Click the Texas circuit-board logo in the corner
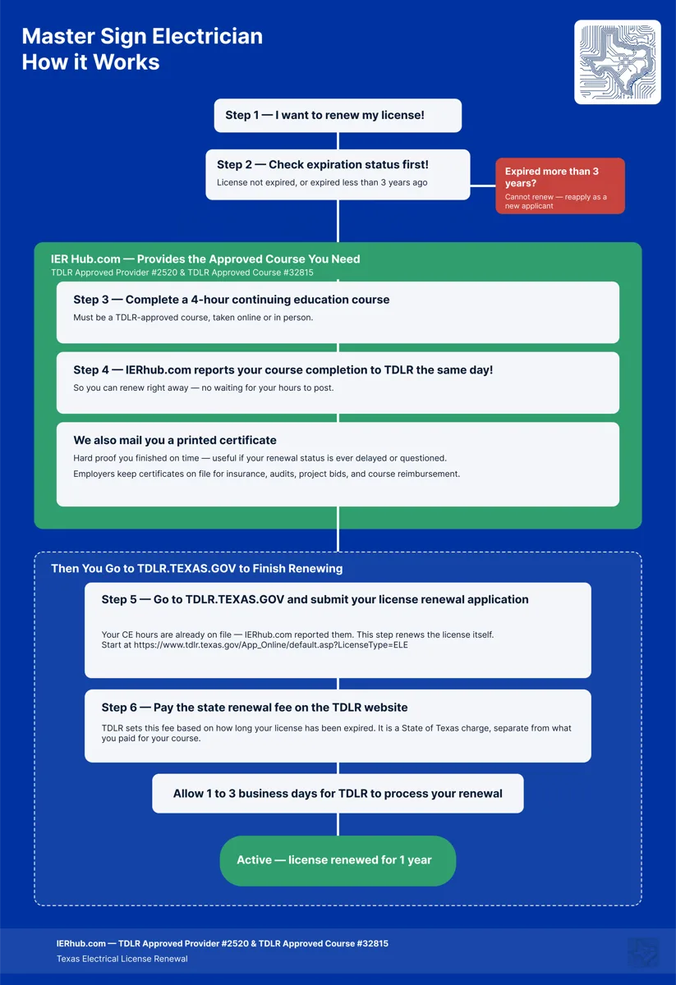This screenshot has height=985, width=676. (617, 62)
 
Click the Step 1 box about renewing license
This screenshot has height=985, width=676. (338, 115)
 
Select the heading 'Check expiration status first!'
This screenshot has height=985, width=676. (348, 164)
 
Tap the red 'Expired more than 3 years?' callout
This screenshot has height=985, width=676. (560, 186)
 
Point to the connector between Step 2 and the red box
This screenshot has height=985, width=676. (483, 186)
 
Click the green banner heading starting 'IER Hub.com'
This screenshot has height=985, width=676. (205, 259)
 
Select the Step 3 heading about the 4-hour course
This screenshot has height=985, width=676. (232, 300)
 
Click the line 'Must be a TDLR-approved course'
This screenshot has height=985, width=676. (193, 318)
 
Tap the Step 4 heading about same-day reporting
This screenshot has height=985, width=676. (283, 370)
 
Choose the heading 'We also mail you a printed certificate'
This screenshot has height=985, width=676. (175, 440)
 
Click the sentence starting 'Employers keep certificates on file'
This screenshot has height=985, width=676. (266, 474)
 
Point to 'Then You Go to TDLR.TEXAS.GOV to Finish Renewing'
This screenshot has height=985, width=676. (197, 568)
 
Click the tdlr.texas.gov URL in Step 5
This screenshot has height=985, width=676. (271, 645)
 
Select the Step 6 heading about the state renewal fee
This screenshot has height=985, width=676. (255, 707)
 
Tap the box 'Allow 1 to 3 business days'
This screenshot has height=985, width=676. (338, 793)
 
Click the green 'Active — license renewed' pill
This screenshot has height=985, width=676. (338, 860)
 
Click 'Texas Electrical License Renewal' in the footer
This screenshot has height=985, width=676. (122, 959)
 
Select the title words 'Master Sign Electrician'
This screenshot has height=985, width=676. (142, 36)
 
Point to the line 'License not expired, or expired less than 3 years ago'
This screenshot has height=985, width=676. (322, 182)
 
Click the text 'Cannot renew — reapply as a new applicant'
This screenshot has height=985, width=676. (556, 201)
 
